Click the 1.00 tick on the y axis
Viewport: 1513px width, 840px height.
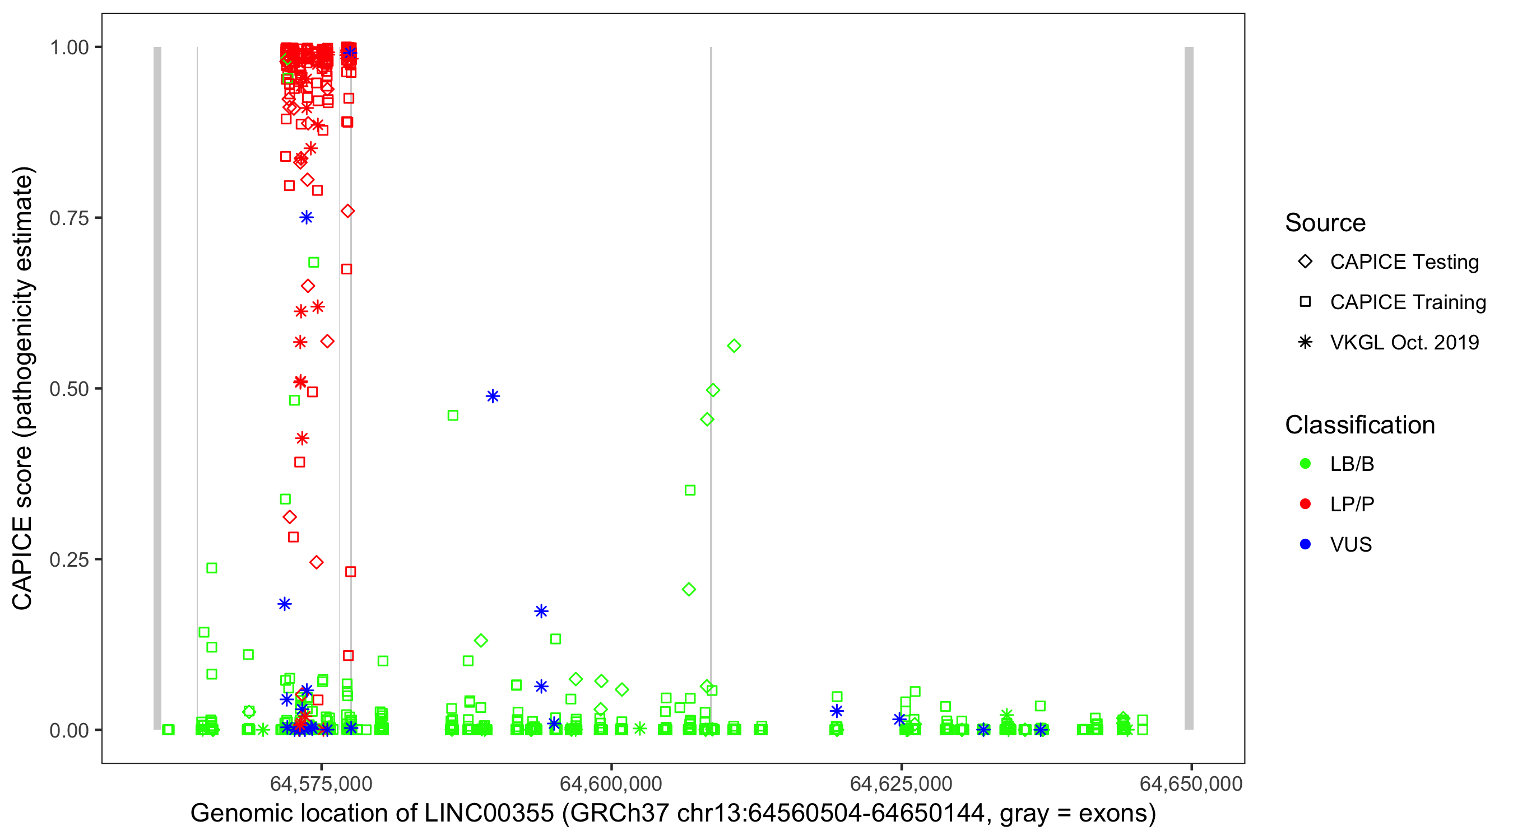coord(69,48)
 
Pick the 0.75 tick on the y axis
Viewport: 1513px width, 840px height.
coord(69,218)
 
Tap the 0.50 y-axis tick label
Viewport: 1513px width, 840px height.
coord(69,389)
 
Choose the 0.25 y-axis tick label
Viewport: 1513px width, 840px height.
coord(69,559)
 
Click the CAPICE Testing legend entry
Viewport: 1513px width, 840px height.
coord(1404,262)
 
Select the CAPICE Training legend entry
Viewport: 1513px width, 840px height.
coord(1407,302)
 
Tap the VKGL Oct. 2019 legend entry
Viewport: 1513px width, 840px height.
coord(1404,342)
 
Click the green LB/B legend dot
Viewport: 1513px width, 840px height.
coord(1305,464)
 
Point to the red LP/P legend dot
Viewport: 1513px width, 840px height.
coord(1305,504)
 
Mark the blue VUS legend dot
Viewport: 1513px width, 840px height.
coord(1305,544)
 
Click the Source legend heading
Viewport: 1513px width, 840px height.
coord(1325,223)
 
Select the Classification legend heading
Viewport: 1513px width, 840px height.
coord(1359,425)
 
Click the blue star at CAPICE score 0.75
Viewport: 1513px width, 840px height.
coord(306,218)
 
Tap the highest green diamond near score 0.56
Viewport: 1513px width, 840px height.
coord(734,346)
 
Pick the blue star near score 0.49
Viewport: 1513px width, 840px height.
coord(493,396)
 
